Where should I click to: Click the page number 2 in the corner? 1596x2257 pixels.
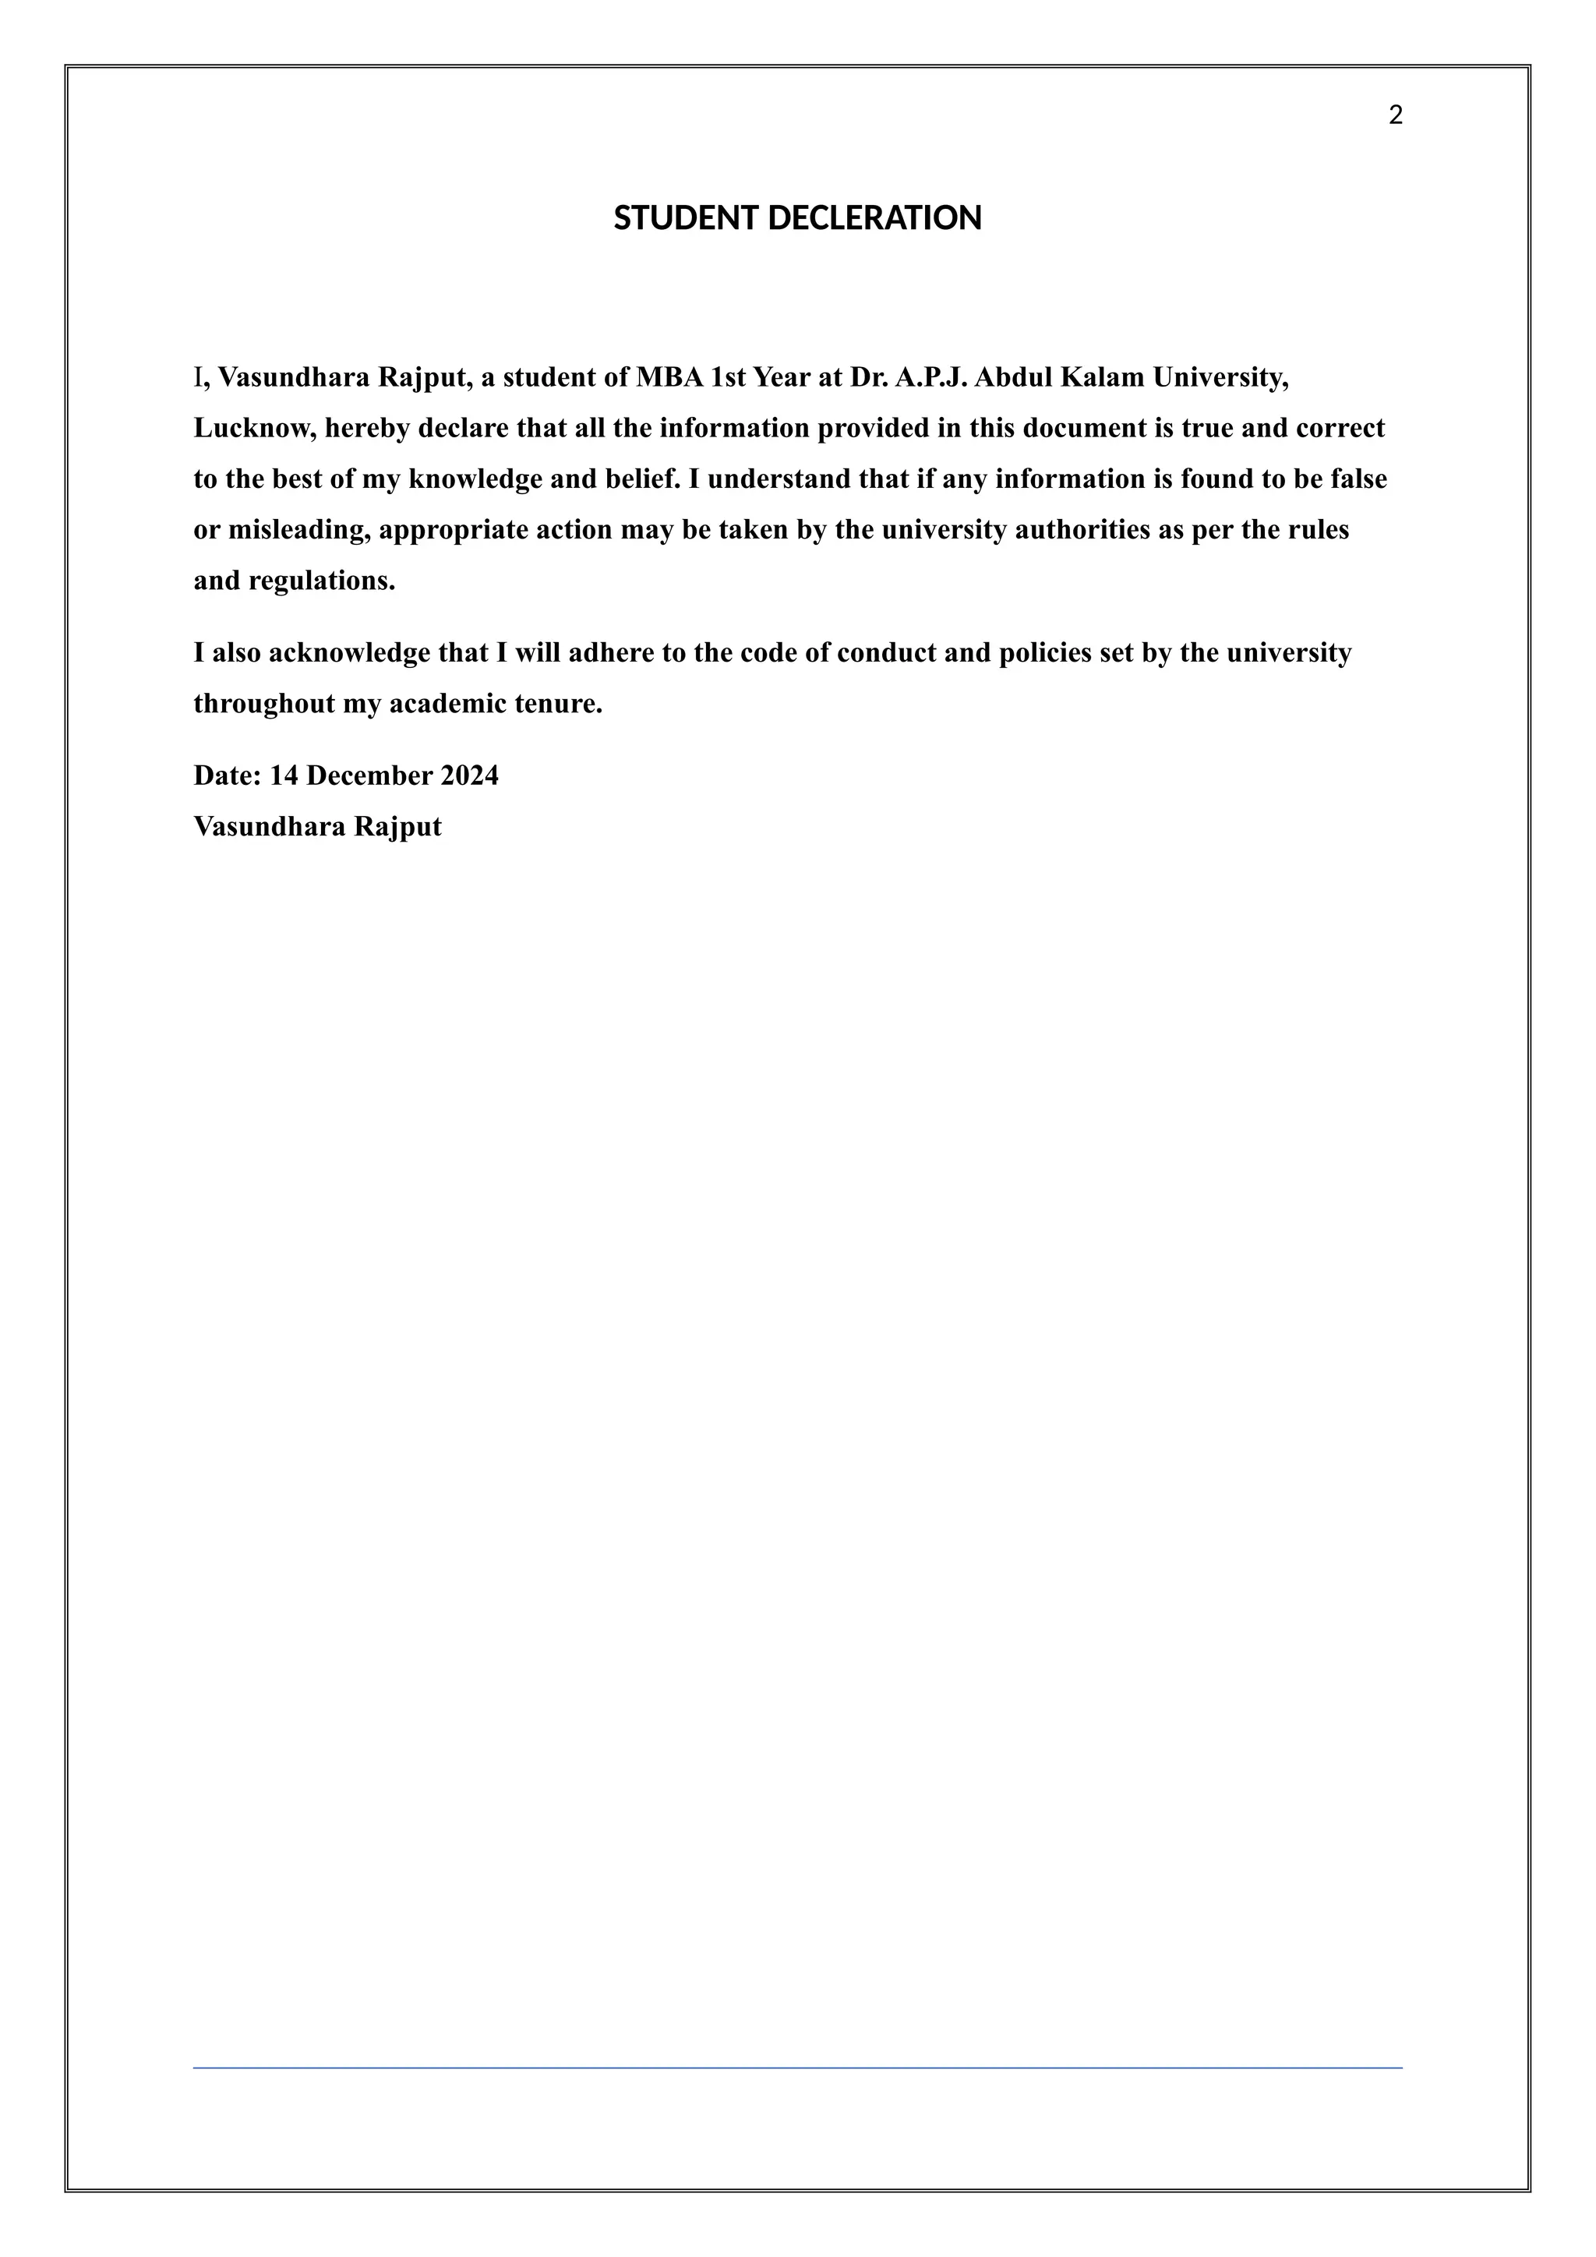[1396, 116]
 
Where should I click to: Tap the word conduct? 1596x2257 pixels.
[886, 654]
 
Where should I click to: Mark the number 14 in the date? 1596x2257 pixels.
[283, 776]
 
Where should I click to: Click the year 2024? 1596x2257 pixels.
[469, 776]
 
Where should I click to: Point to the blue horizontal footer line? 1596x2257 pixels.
[797, 2068]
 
